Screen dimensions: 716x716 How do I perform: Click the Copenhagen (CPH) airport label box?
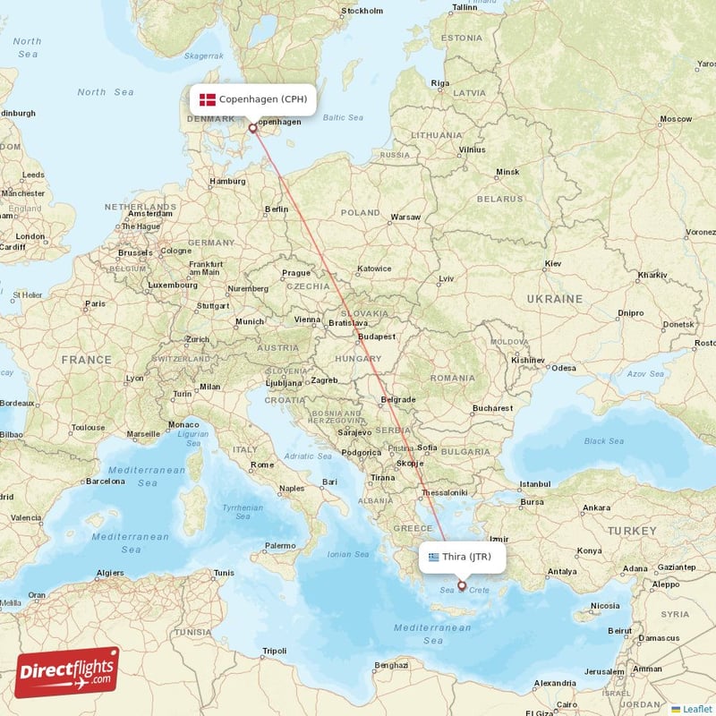(x=252, y=99)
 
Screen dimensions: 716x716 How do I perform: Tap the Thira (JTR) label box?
(x=461, y=557)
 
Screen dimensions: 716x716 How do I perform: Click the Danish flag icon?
(x=208, y=99)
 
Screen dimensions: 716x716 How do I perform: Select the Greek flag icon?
(x=434, y=557)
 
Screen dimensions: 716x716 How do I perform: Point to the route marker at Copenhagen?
(x=252, y=128)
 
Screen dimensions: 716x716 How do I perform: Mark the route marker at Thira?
(x=462, y=586)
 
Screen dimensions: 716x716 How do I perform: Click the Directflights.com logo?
(x=67, y=672)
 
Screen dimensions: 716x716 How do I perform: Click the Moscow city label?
(x=676, y=119)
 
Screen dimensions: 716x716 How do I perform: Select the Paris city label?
(x=95, y=304)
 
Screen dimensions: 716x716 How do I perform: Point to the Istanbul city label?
(x=535, y=484)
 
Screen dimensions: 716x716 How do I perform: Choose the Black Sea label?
(x=605, y=441)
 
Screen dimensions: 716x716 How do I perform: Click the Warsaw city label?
(x=405, y=217)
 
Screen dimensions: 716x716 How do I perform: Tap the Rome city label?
(x=263, y=465)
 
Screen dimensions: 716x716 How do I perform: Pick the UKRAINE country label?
(x=554, y=299)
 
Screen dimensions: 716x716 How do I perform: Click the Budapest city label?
(x=376, y=337)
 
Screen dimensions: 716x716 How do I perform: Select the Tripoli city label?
(x=274, y=651)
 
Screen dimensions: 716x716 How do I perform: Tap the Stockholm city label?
(x=362, y=12)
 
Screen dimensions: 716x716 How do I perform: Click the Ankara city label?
(x=596, y=508)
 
